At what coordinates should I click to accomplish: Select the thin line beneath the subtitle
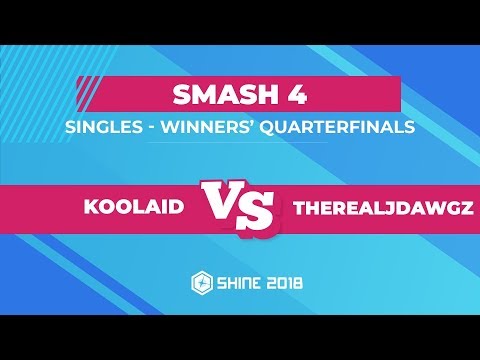240,142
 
